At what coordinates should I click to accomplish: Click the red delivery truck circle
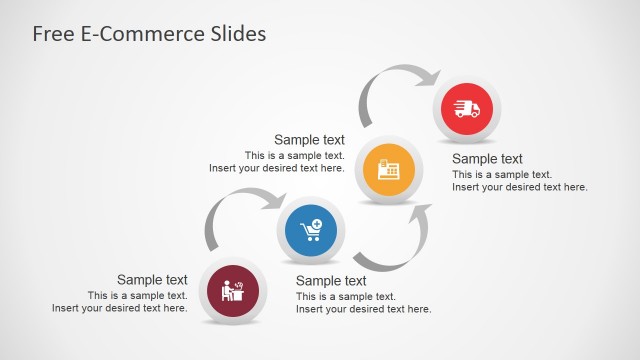[x=467, y=109]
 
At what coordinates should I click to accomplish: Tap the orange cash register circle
[x=389, y=170]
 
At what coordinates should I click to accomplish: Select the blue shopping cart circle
[x=311, y=232]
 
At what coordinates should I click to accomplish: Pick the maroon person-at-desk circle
[x=233, y=292]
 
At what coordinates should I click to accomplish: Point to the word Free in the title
[x=53, y=34]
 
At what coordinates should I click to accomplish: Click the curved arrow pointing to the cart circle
[x=240, y=206]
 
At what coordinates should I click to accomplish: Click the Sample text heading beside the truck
[x=487, y=159]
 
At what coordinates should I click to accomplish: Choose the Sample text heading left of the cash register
[x=309, y=140]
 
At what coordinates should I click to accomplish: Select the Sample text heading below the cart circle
[x=331, y=281]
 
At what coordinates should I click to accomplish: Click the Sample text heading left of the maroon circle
[x=152, y=280]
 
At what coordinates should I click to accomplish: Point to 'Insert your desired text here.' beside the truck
[x=519, y=187]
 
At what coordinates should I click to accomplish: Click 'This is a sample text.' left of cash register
[x=294, y=156]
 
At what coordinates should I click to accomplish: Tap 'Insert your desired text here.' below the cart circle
[x=363, y=309]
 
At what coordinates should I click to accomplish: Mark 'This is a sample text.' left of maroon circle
[x=137, y=295]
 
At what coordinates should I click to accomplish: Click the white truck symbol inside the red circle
[x=467, y=109]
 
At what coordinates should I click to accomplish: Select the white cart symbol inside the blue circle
[x=312, y=232]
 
